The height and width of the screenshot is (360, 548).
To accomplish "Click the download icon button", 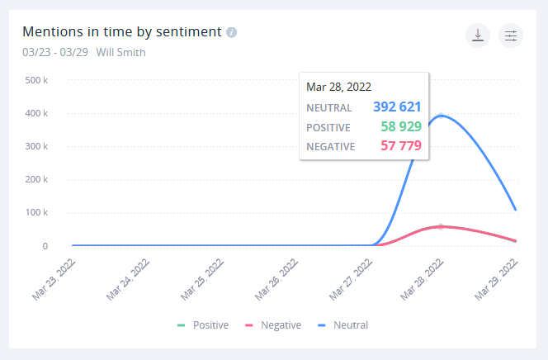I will pyautogui.click(x=478, y=36).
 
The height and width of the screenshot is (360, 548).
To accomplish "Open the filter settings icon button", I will pyautogui.click(x=511, y=36).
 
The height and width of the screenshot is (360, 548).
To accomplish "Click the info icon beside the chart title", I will pyautogui.click(x=232, y=33).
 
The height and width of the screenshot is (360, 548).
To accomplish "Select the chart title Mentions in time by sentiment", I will pyautogui.click(x=121, y=32).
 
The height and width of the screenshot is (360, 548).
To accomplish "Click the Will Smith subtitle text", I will pyautogui.click(x=121, y=52).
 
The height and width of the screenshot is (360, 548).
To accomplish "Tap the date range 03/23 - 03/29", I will pyautogui.click(x=55, y=52).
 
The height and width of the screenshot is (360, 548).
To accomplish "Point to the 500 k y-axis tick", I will pyautogui.click(x=36, y=80).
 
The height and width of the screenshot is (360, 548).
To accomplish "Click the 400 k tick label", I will pyautogui.click(x=36, y=113).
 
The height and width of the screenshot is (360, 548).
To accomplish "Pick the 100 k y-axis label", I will pyautogui.click(x=36, y=213).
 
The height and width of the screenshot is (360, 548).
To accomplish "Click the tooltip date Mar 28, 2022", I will pyautogui.click(x=338, y=86).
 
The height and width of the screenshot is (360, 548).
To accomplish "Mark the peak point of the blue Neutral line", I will pyautogui.click(x=442, y=116).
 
